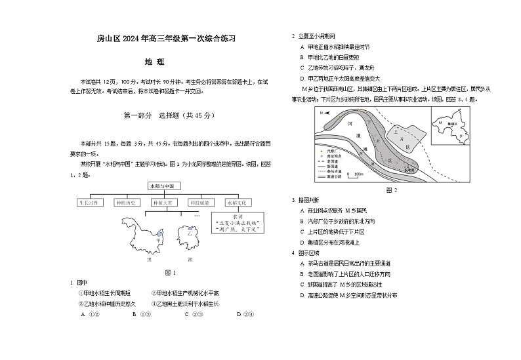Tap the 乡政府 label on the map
pyautogui.click(x=410, y=170)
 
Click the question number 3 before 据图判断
pyautogui.click(x=293, y=199)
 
